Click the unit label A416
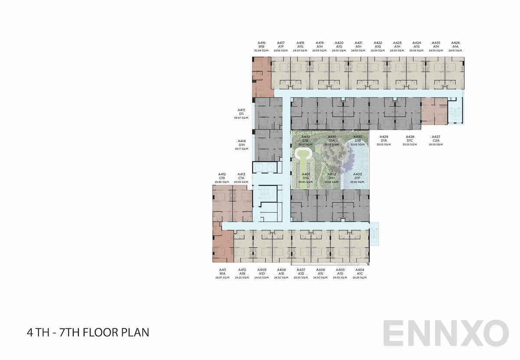pos(262,43)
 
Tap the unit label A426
pos(455,43)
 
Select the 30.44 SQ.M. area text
pos(262,51)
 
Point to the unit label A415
pos(241,110)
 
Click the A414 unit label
pos(241,141)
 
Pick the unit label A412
pos(222,174)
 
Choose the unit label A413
pos(241,174)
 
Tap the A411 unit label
pos(222,269)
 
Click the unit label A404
pos(360,269)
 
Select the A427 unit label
pos(436,137)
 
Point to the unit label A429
pos(383,137)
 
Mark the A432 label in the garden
pos(306,137)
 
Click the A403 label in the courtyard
pos(357,174)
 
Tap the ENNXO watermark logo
pos(445,334)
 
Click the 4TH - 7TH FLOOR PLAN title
pos(88,333)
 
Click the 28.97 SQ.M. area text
pos(222,277)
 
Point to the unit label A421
pos(358,43)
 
